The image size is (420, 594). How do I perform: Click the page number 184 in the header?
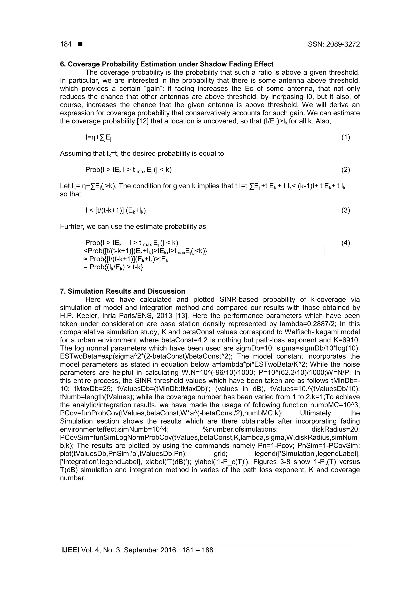pos(66,44)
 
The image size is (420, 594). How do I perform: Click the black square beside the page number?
pos(80,44)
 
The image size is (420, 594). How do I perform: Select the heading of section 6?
pos(167,64)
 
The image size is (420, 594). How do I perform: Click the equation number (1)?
pos(346,137)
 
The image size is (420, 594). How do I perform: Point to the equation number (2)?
pos(346,170)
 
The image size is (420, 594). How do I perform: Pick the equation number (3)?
pos(346,210)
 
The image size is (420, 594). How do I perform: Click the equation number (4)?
pos(346,243)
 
